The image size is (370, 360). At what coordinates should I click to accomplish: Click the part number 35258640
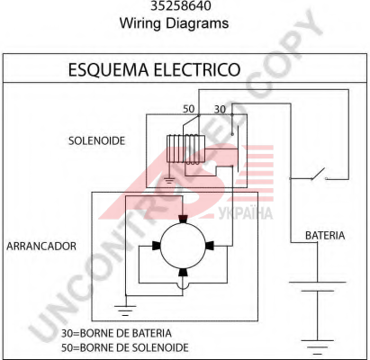tap(181, 5)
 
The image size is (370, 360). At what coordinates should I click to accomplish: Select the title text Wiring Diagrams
tap(174, 23)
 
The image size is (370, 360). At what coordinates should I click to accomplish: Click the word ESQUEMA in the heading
tap(109, 70)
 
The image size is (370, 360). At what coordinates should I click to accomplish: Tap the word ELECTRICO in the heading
tap(197, 70)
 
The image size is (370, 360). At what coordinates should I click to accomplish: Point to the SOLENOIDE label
tap(96, 140)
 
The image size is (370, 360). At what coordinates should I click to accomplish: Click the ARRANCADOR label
tap(41, 246)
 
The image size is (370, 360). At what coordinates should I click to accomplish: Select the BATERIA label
tap(325, 236)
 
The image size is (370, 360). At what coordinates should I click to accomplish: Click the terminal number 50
tap(189, 109)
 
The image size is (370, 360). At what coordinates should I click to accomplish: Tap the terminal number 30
tap(220, 110)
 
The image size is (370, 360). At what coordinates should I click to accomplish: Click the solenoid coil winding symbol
tap(186, 149)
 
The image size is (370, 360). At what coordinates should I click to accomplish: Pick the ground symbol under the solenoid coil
tap(169, 180)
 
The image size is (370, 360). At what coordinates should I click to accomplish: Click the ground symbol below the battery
tap(318, 345)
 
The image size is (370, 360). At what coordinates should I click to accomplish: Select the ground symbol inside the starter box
tap(125, 310)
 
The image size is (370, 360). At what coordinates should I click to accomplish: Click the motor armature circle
tap(183, 246)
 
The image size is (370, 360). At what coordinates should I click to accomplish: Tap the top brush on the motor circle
tap(183, 219)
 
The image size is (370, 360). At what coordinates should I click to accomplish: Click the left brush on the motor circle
tap(157, 246)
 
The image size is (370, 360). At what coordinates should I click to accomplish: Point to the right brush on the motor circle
tap(210, 246)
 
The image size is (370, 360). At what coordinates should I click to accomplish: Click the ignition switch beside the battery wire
tap(319, 175)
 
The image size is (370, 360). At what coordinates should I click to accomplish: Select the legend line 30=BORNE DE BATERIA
tap(116, 333)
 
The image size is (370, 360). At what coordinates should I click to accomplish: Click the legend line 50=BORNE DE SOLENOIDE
tap(125, 347)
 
